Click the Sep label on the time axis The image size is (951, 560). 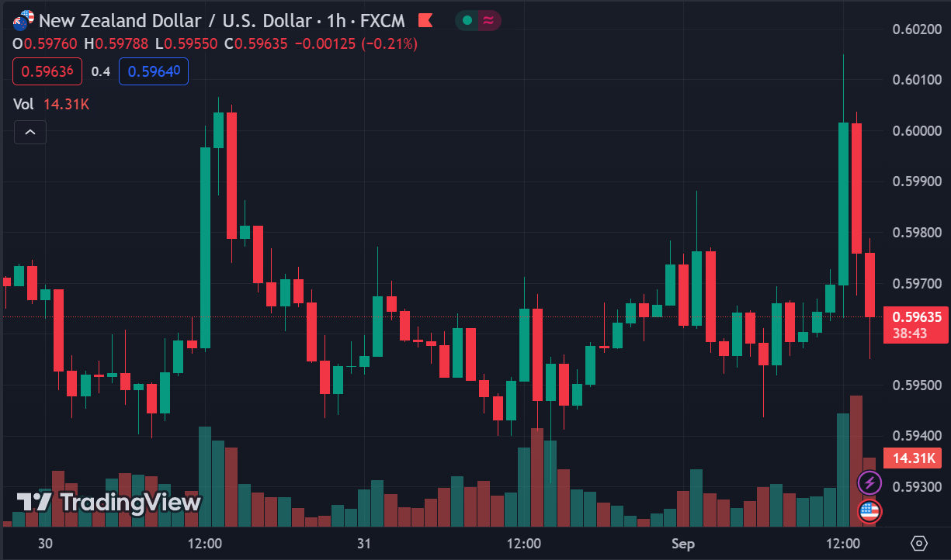pyautogui.click(x=683, y=543)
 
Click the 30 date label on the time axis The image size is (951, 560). pyautogui.click(x=46, y=543)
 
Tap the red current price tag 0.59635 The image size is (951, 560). pyautogui.click(x=917, y=316)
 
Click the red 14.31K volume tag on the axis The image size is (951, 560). pyautogui.click(x=914, y=458)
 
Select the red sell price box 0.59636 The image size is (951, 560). pyautogui.click(x=47, y=71)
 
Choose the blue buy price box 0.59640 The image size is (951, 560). pyautogui.click(x=154, y=71)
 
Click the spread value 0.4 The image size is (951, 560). pyautogui.click(x=101, y=71)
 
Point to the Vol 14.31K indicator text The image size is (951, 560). pyautogui.click(x=51, y=104)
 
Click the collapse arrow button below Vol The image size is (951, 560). pyautogui.click(x=30, y=133)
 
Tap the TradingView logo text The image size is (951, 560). pyautogui.click(x=109, y=503)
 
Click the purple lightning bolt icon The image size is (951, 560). pyautogui.click(x=869, y=483)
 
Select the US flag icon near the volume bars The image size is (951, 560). pyautogui.click(x=869, y=511)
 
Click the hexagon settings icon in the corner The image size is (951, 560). pyautogui.click(x=920, y=543)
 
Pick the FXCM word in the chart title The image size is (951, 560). pyautogui.click(x=383, y=19)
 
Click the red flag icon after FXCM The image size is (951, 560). pyautogui.click(x=425, y=19)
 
